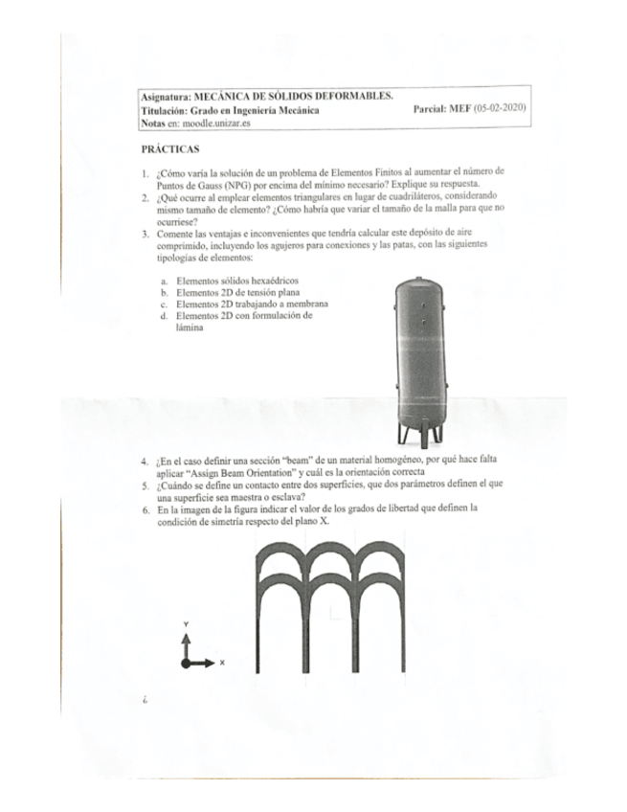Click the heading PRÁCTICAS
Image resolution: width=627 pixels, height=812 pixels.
point(170,149)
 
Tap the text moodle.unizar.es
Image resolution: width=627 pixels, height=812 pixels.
point(214,124)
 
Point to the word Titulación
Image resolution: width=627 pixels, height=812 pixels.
point(164,111)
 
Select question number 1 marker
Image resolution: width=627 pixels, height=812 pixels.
point(144,171)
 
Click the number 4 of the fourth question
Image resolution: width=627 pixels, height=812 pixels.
point(144,462)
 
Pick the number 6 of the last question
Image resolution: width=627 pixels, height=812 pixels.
point(144,511)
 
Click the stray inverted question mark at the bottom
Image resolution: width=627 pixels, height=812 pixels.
point(144,702)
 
